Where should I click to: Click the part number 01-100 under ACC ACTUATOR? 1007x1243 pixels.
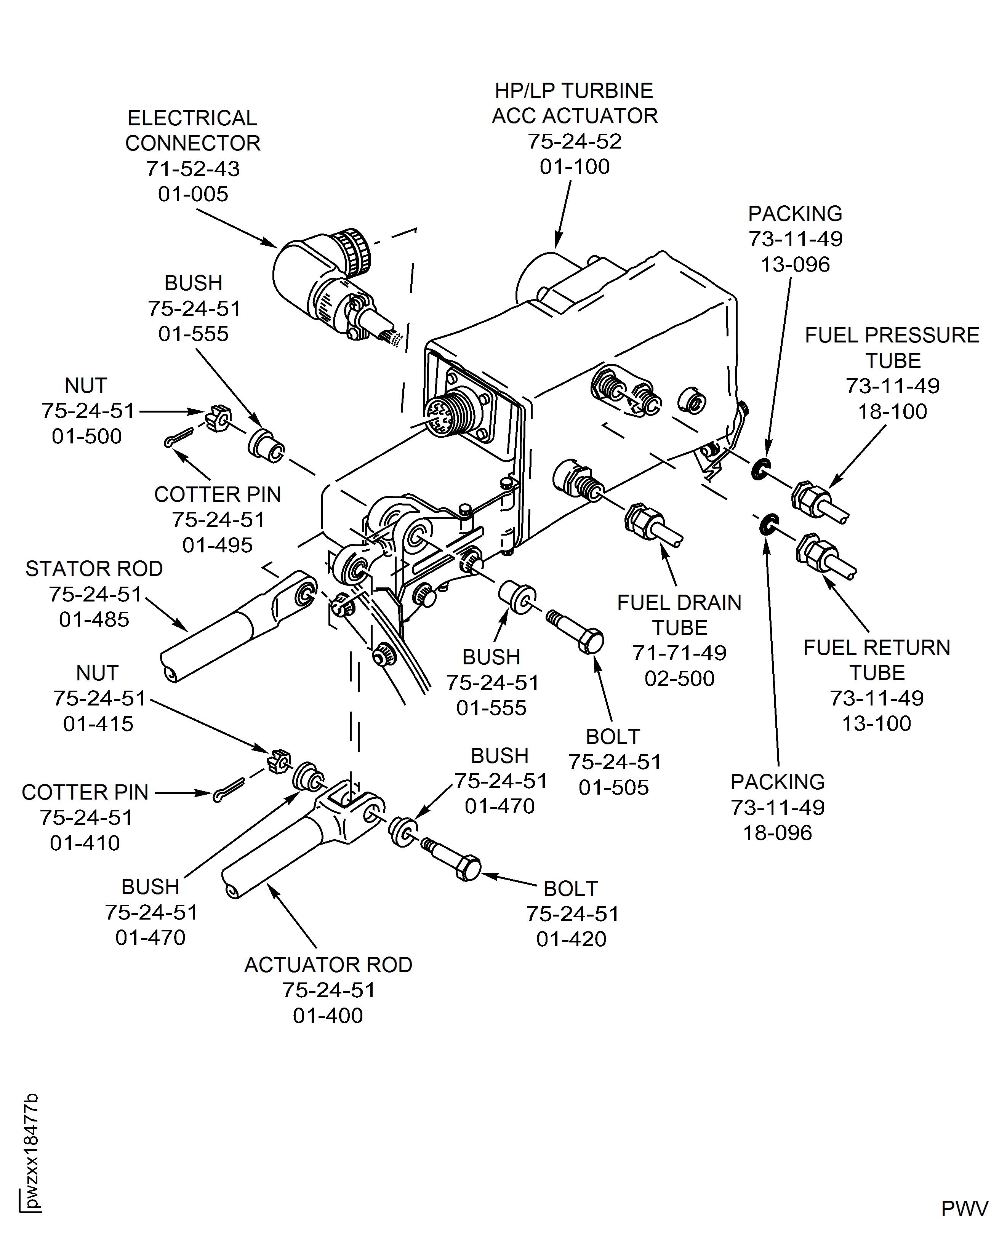[574, 166]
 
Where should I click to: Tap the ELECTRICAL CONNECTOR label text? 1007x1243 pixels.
[192, 131]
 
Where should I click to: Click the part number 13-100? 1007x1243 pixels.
[876, 723]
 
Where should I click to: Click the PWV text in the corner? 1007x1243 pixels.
[964, 1209]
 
